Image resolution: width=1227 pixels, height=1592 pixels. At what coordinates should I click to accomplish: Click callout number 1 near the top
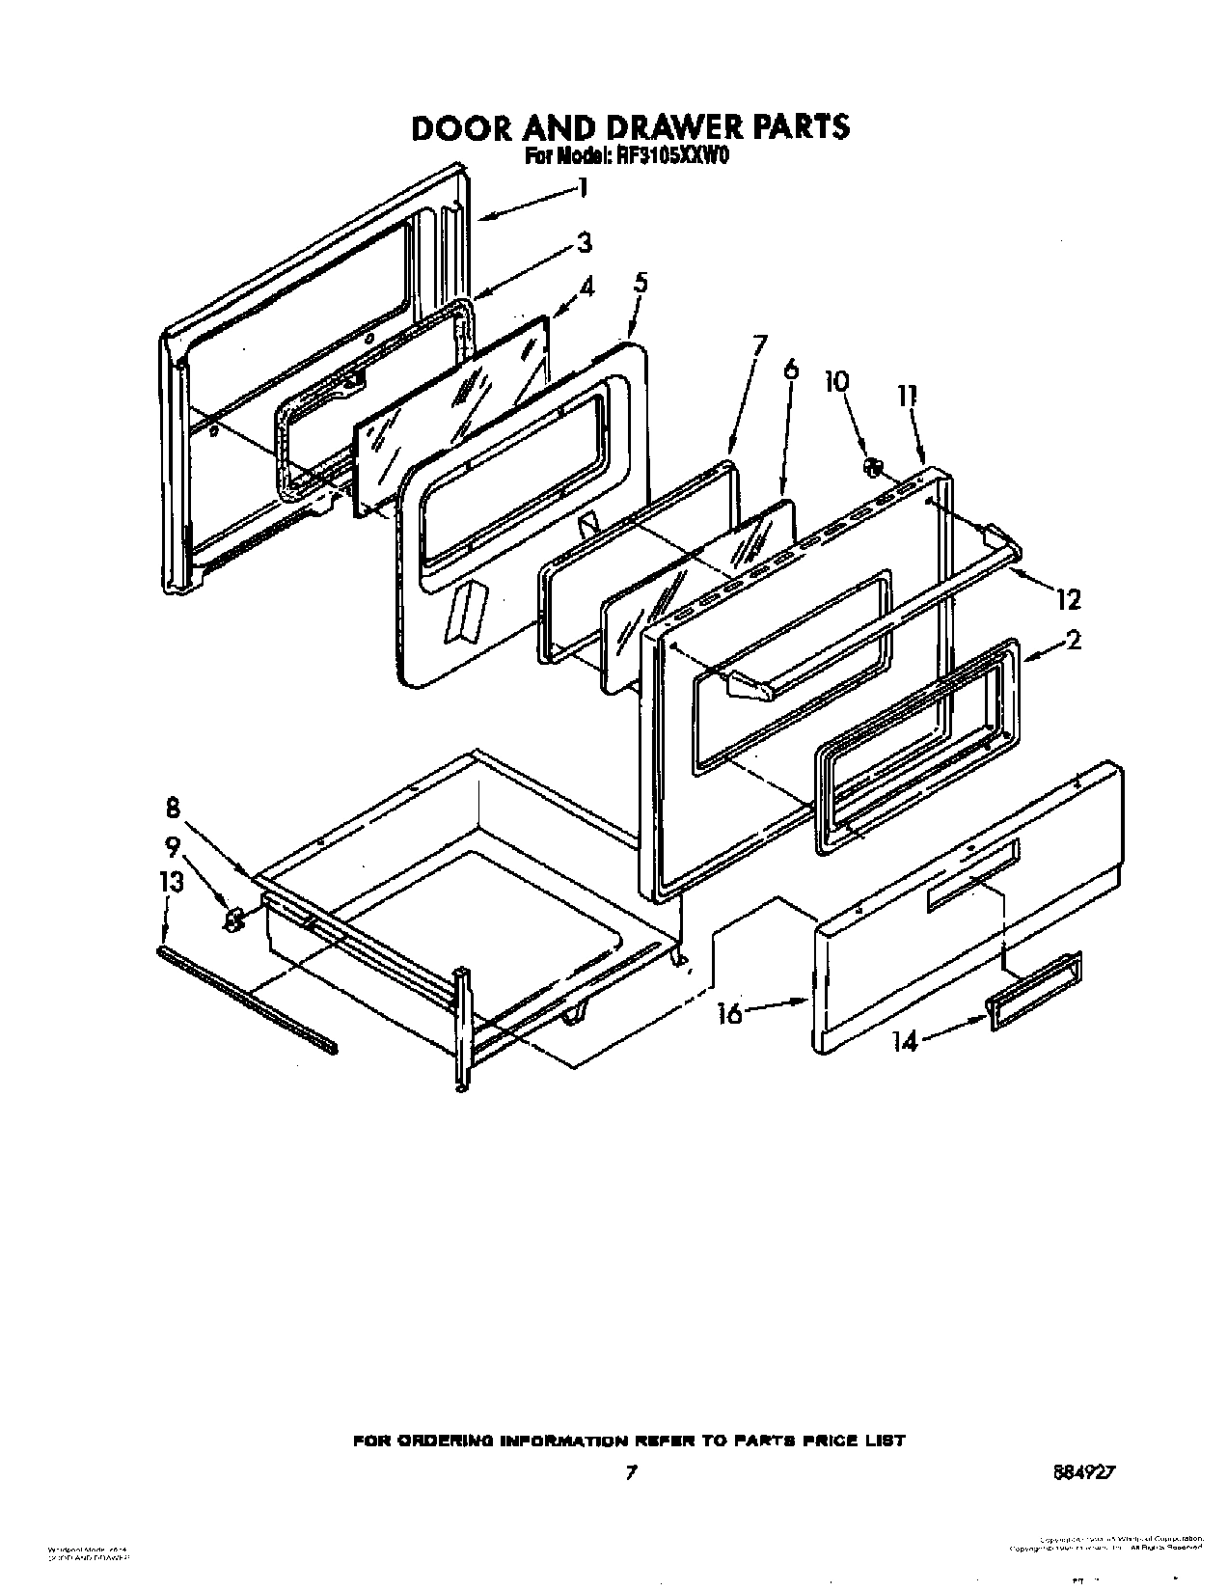[x=582, y=187]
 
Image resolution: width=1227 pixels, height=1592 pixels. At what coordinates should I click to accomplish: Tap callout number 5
[x=641, y=283]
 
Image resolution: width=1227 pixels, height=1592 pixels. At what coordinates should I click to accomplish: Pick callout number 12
[x=1067, y=600]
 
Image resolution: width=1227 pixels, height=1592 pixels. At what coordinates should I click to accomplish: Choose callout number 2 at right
[x=1073, y=640]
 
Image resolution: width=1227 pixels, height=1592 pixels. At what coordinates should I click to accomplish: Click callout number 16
[x=730, y=1013]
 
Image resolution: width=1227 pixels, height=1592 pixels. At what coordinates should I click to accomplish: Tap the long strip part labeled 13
[x=247, y=1000]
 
